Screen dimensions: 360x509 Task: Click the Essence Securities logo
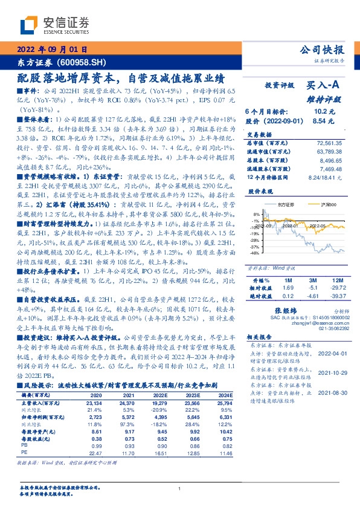[x=54, y=25]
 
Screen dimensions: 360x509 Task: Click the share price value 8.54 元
[x=320, y=121]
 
